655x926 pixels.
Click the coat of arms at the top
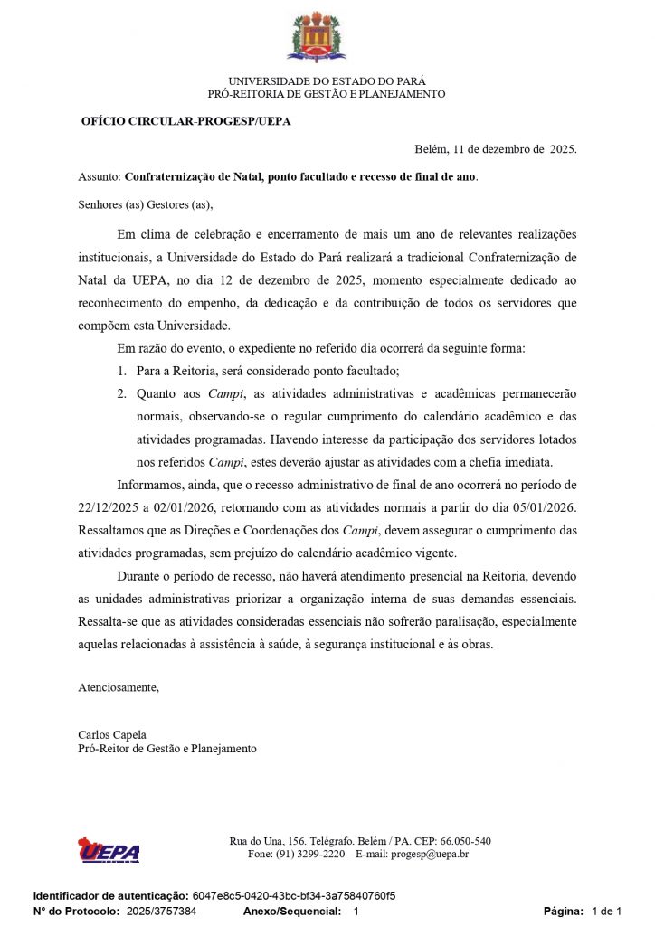(x=317, y=37)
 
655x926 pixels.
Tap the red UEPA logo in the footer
(x=109, y=850)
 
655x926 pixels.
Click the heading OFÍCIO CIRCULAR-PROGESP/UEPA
(x=185, y=121)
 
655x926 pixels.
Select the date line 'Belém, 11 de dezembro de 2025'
(x=495, y=149)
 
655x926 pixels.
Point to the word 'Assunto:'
(x=100, y=176)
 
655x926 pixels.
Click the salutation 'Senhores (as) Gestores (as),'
(x=146, y=204)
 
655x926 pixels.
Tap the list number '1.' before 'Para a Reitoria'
(x=122, y=371)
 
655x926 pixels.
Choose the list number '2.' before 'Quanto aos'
(x=122, y=393)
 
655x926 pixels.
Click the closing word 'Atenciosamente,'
(x=119, y=687)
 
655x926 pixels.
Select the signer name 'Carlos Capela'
(x=112, y=735)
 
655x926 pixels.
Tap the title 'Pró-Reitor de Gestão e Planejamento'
(x=167, y=749)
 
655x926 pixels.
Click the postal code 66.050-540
(x=460, y=841)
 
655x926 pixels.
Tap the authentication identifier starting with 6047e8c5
(x=294, y=896)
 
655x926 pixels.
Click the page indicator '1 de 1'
(x=606, y=912)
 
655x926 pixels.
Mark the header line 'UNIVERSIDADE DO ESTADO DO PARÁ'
(x=327, y=80)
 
